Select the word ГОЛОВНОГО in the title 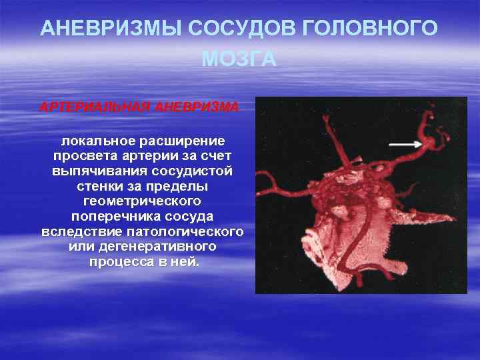370,29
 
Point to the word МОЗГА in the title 239,59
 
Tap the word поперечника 109,217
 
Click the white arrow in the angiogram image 405,143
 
